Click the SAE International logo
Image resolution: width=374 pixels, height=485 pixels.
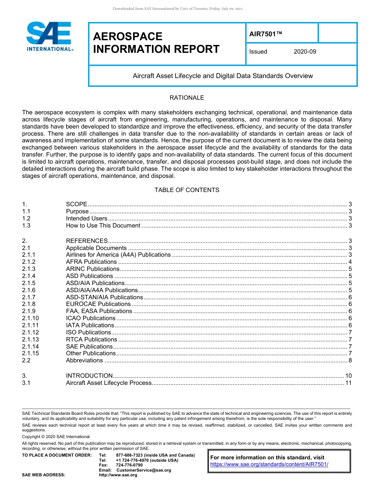(49, 37)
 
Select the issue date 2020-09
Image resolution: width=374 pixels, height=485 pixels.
(305, 52)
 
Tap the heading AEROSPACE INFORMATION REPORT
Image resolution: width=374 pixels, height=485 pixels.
(156, 43)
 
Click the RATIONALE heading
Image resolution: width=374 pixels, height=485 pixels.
(187, 98)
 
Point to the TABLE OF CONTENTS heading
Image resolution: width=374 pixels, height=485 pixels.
(187, 190)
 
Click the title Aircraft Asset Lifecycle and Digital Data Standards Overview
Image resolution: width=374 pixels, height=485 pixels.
(223, 76)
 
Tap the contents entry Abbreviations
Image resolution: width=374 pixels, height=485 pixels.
(84, 360)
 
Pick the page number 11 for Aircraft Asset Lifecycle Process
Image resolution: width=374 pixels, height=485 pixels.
(348, 383)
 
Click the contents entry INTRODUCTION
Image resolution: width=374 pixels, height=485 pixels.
(89, 376)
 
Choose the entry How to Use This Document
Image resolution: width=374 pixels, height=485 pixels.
(103, 226)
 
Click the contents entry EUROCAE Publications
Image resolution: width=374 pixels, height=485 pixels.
(98, 304)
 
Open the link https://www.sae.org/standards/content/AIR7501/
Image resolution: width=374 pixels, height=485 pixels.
(269, 464)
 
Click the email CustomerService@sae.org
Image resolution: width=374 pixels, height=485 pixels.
(144, 470)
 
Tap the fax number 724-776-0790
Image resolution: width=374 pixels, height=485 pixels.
(129, 465)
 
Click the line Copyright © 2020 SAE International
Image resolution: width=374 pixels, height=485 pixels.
(56, 436)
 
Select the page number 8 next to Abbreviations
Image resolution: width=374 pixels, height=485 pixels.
(350, 360)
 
